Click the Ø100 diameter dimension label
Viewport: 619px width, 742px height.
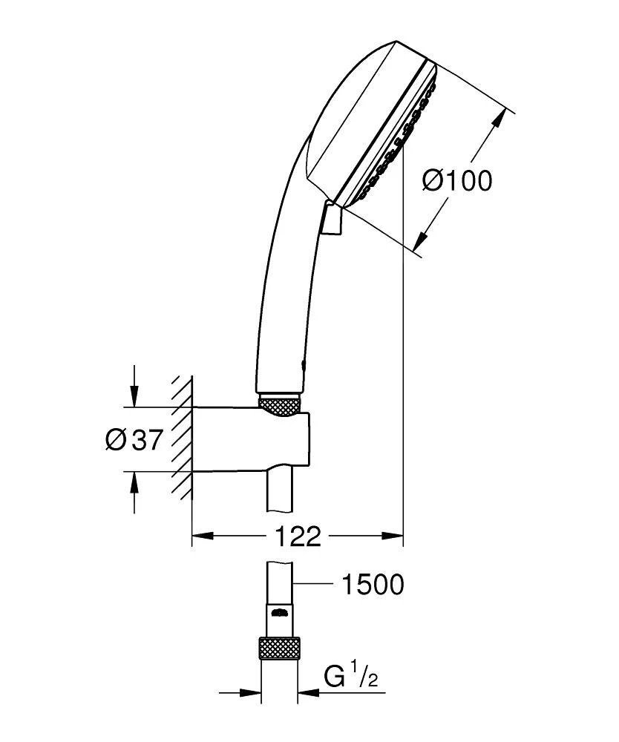click(x=457, y=180)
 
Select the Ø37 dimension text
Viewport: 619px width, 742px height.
click(x=134, y=440)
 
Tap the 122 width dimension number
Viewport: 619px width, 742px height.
click(x=297, y=536)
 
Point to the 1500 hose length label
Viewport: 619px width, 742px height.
click(x=372, y=585)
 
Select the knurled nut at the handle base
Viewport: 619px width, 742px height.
click(x=280, y=404)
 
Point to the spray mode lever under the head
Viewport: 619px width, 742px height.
click(x=333, y=220)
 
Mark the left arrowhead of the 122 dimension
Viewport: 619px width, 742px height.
click(x=201, y=536)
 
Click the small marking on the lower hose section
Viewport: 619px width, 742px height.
click(x=279, y=613)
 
